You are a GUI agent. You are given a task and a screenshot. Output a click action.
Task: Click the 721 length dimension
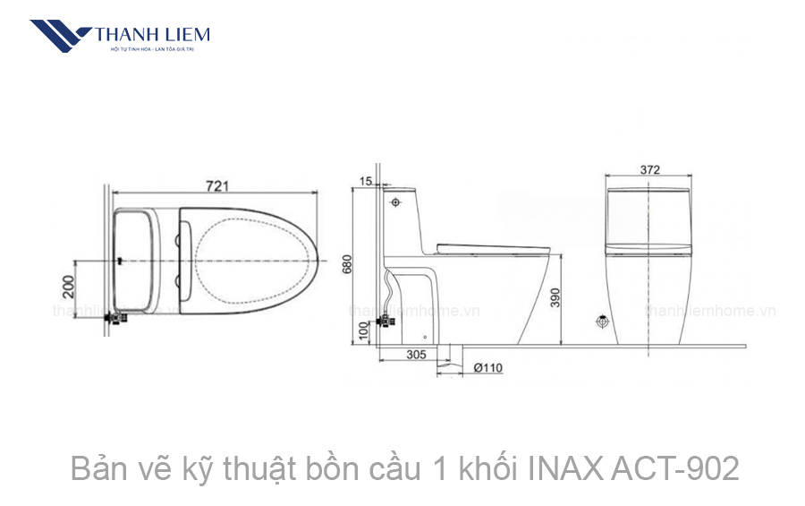click(218, 185)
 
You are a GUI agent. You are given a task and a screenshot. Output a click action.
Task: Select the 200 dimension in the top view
click(68, 287)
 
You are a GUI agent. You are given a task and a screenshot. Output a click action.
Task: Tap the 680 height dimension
click(348, 265)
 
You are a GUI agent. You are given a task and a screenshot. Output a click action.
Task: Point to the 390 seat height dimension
click(555, 298)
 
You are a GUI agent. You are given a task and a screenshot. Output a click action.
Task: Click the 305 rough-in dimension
click(416, 356)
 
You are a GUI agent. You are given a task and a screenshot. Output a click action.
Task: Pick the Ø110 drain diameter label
click(487, 367)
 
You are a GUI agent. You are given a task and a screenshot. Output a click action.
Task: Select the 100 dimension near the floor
click(364, 330)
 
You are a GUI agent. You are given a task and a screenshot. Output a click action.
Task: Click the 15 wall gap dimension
click(364, 182)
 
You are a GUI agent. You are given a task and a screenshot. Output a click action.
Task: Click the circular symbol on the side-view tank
click(395, 202)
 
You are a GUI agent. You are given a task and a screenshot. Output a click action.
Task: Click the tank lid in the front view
click(650, 193)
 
